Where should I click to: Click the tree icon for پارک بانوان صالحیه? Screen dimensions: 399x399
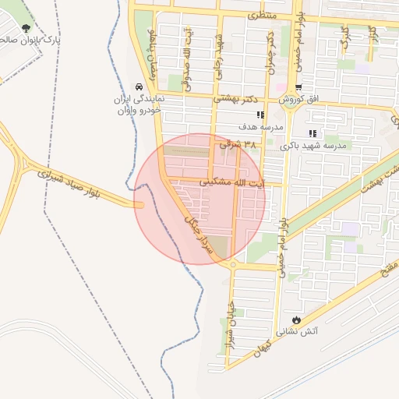(x=26, y=28)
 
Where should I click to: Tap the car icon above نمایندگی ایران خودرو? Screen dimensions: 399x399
(x=139, y=87)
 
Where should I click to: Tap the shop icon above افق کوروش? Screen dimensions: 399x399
(x=299, y=87)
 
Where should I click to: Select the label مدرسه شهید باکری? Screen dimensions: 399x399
(x=317, y=145)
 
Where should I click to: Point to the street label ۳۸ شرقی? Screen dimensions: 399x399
(x=238, y=144)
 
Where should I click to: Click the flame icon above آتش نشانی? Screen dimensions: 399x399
(x=296, y=321)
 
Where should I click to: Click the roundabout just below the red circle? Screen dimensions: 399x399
(x=233, y=265)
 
